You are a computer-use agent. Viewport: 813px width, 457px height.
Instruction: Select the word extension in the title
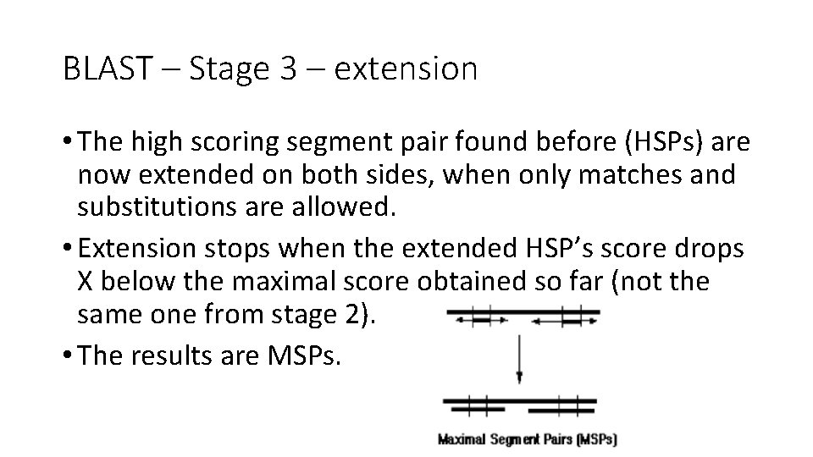[406, 69]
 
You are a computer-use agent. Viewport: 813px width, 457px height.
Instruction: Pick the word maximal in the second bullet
[274, 282]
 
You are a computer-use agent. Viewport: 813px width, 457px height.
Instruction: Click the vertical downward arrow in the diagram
[519, 356]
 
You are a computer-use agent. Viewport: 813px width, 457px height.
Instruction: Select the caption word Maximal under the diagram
[462, 439]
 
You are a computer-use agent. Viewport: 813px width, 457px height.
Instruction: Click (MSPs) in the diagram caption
[595, 439]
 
